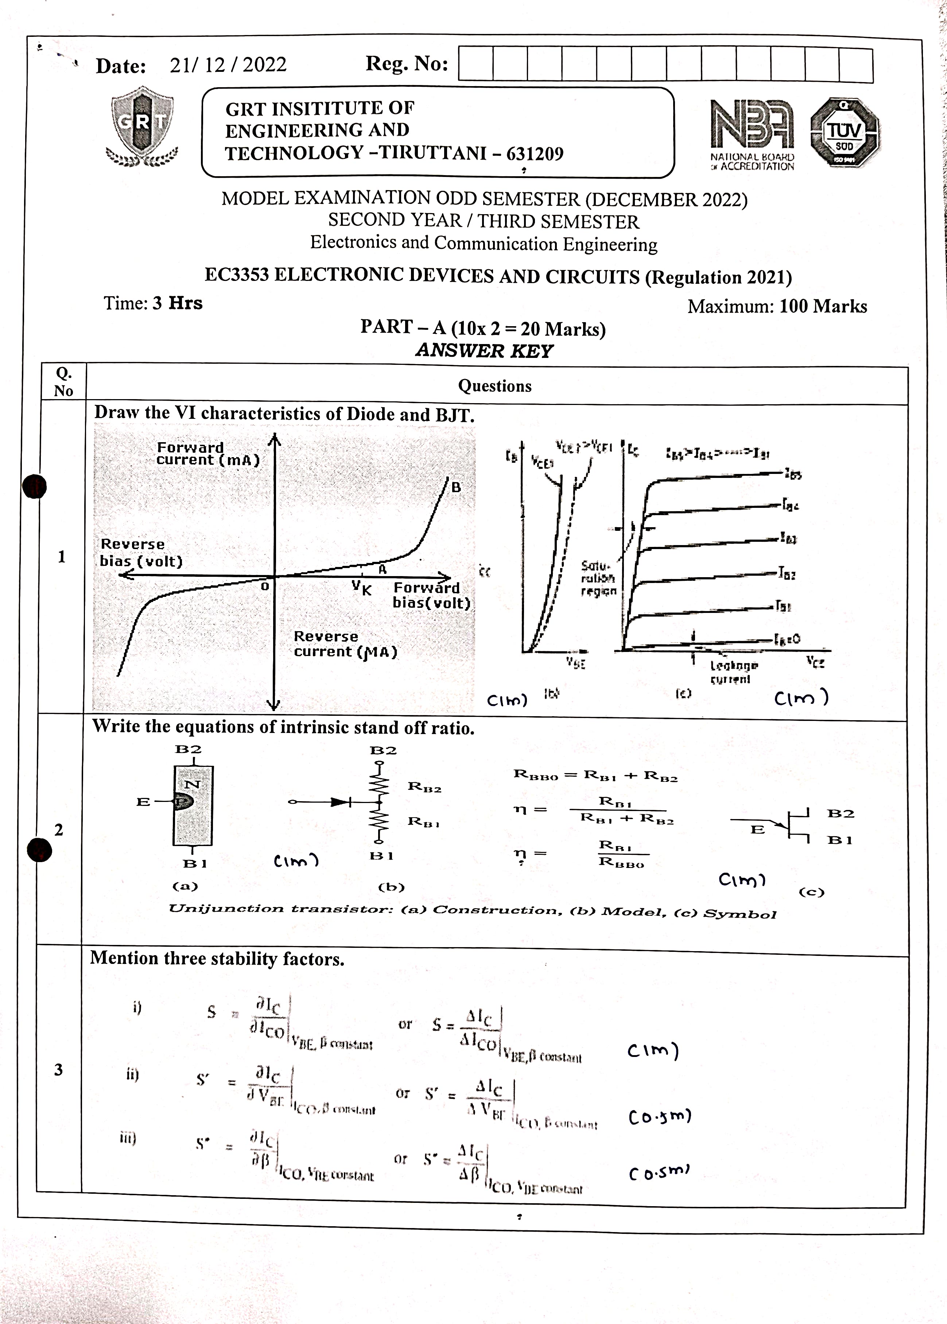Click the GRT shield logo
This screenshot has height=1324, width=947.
pos(143,126)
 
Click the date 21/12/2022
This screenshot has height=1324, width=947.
pos(228,65)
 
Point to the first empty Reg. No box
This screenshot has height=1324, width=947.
pos(476,65)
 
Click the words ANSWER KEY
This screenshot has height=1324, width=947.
pos(484,351)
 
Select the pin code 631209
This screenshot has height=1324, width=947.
pos(535,154)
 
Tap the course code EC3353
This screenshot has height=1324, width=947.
pos(237,275)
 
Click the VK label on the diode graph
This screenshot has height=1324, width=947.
pos(361,588)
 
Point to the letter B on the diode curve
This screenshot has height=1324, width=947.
pos(456,487)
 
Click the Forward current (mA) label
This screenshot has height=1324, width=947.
pos(207,454)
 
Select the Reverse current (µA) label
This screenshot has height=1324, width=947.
pos(345,644)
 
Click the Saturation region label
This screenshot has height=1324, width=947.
pos(598,578)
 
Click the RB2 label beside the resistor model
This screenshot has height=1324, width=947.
pos(424,787)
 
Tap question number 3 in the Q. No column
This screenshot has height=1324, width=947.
pos(58,1069)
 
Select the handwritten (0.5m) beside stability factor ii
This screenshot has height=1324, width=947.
pos(660,1117)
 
